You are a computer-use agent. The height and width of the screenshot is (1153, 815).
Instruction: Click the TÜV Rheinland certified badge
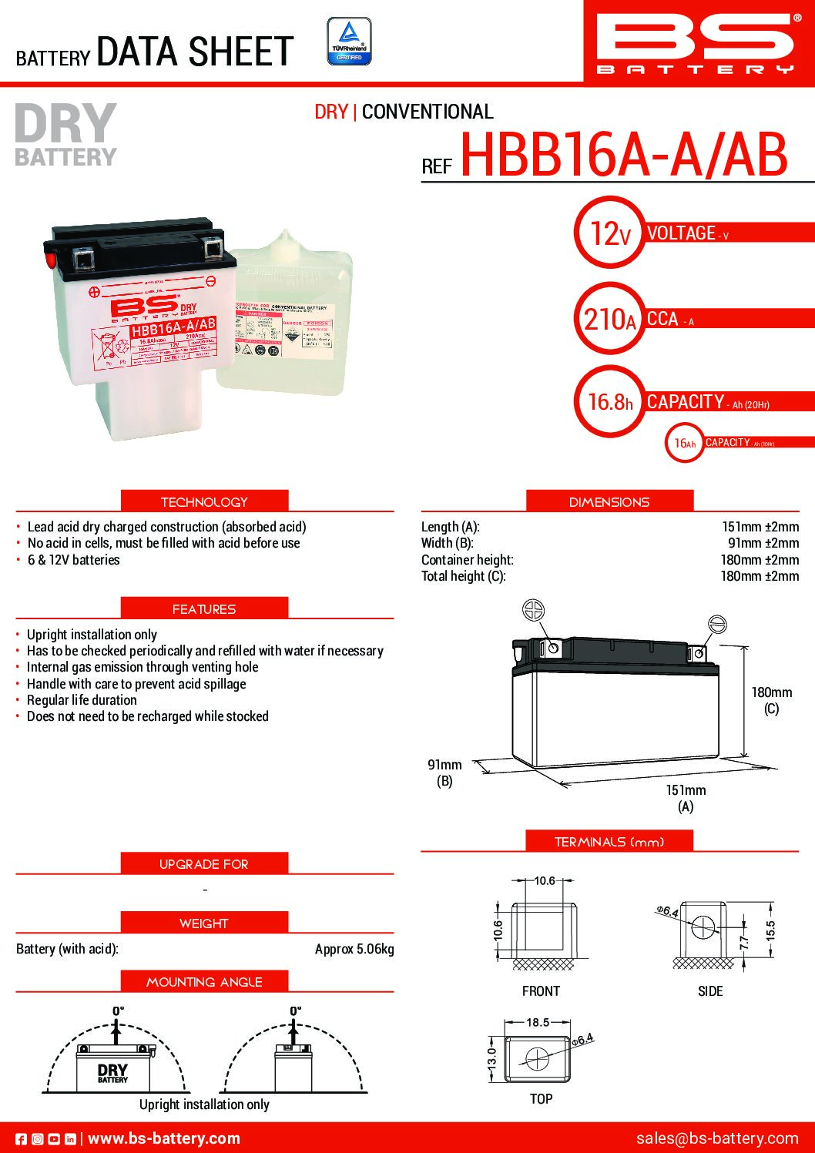(349, 42)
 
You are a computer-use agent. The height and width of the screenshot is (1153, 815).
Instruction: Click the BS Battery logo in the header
(695, 42)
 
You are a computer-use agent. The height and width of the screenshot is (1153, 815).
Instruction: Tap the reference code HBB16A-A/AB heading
(623, 155)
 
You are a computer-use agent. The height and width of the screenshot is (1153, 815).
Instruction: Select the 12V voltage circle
(609, 233)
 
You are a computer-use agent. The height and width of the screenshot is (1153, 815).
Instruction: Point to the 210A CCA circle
(609, 318)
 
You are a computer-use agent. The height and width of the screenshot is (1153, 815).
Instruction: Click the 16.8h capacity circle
(609, 401)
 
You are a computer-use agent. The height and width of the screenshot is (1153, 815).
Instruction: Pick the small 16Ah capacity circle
(684, 443)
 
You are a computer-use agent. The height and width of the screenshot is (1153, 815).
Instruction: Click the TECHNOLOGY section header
(204, 501)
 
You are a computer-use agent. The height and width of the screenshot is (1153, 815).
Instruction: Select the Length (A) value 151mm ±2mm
(760, 527)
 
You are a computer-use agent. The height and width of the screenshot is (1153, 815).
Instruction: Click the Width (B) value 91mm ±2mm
(763, 543)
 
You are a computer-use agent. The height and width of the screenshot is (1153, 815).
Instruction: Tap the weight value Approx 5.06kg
(354, 949)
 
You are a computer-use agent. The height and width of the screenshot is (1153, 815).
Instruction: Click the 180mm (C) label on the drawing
(771, 699)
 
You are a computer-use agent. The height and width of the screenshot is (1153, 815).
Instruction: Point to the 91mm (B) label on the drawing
(444, 773)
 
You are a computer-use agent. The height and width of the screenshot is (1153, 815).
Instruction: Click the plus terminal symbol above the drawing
(533, 610)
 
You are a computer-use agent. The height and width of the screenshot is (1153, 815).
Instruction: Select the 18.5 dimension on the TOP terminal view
(538, 1023)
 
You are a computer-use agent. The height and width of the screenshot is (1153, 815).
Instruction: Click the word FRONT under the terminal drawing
(541, 991)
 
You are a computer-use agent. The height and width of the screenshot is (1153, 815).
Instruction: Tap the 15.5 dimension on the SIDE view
(770, 930)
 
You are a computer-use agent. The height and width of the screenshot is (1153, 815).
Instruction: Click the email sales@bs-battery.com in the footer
(716, 1138)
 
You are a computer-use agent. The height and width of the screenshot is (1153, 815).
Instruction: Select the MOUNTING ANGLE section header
(204, 982)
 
